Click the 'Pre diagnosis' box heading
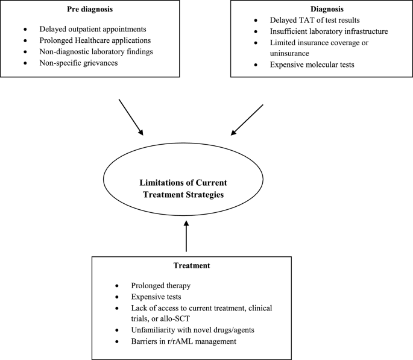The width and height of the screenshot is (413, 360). point(90,10)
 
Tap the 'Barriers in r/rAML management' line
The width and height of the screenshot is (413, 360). point(184,341)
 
